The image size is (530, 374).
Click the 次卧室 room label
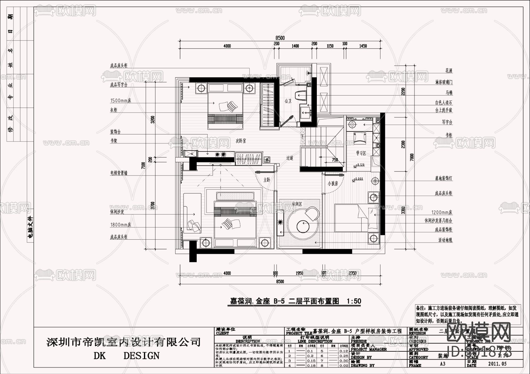tap(241, 141)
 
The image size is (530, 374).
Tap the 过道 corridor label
tap(290, 158)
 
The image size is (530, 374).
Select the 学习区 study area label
tap(361, 153)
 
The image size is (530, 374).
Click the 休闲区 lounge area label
tap(297, 204)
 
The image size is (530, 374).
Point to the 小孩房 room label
tap(333, 184)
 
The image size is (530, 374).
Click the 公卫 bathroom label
tap(288, 101)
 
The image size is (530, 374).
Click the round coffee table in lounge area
tap(303, 226)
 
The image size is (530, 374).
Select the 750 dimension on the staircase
tap(335, 160)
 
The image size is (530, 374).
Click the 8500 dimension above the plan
tap(280, 38)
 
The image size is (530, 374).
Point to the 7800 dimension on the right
tap(412, 157)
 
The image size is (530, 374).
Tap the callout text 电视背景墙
tap(119, 173)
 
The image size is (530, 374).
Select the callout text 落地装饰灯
tap(443, 178)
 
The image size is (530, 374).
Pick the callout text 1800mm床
tap(120, 225)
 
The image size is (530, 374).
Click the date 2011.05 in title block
tap(497, 364)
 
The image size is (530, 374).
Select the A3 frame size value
tap(442, 364)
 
